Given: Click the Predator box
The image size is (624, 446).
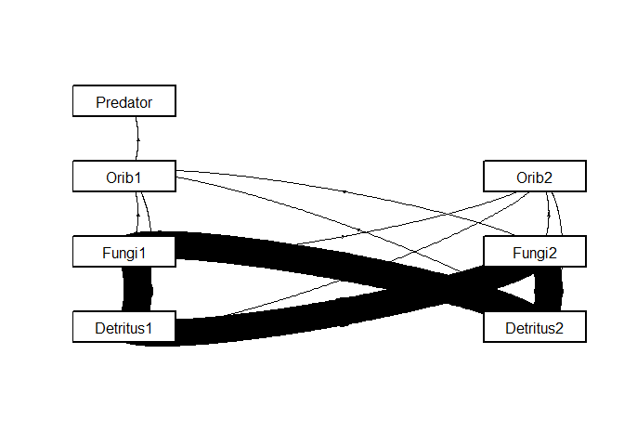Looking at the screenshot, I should [124, 101].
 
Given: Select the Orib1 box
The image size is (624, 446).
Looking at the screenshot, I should [124, 177].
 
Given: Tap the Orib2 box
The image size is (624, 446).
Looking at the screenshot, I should [534, 177].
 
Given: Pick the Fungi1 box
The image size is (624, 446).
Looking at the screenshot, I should [124, 252].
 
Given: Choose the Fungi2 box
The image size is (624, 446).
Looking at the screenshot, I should [534, 252].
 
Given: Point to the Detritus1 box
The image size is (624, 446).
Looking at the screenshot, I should [124, 327].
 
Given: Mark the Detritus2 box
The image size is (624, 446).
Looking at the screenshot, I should [534, 327].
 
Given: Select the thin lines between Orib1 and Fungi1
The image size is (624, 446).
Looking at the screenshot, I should [143, 214].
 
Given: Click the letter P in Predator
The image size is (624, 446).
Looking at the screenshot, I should [100, 102].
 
